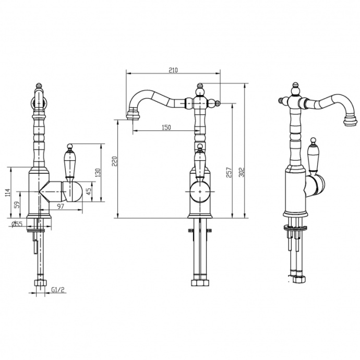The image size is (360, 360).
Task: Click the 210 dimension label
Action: click(x=173, y=70)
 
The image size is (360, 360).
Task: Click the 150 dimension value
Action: click(x=166, y=127)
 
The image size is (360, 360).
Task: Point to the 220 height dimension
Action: click(x=115, y=161)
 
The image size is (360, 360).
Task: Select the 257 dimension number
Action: click(x=229, y=172)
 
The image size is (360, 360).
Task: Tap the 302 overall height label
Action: click(x=242, y=172)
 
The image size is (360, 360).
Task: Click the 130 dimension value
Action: click(x=98, y=173)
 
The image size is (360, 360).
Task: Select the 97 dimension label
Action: click(x=61, y=207)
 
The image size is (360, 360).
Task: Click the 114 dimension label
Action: click(x=8, y=193)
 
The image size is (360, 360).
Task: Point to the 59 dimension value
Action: click(x=17, y=205)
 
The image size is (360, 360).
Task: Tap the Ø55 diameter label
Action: click(x=17, y=224)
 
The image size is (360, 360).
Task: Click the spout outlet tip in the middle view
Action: click(x=133, y=116)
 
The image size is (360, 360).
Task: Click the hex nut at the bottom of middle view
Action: click(x=200, y=282)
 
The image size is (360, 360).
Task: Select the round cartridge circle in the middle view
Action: click(x=200, y=191)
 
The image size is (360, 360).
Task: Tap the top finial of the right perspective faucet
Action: click(x=296, y=88)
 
